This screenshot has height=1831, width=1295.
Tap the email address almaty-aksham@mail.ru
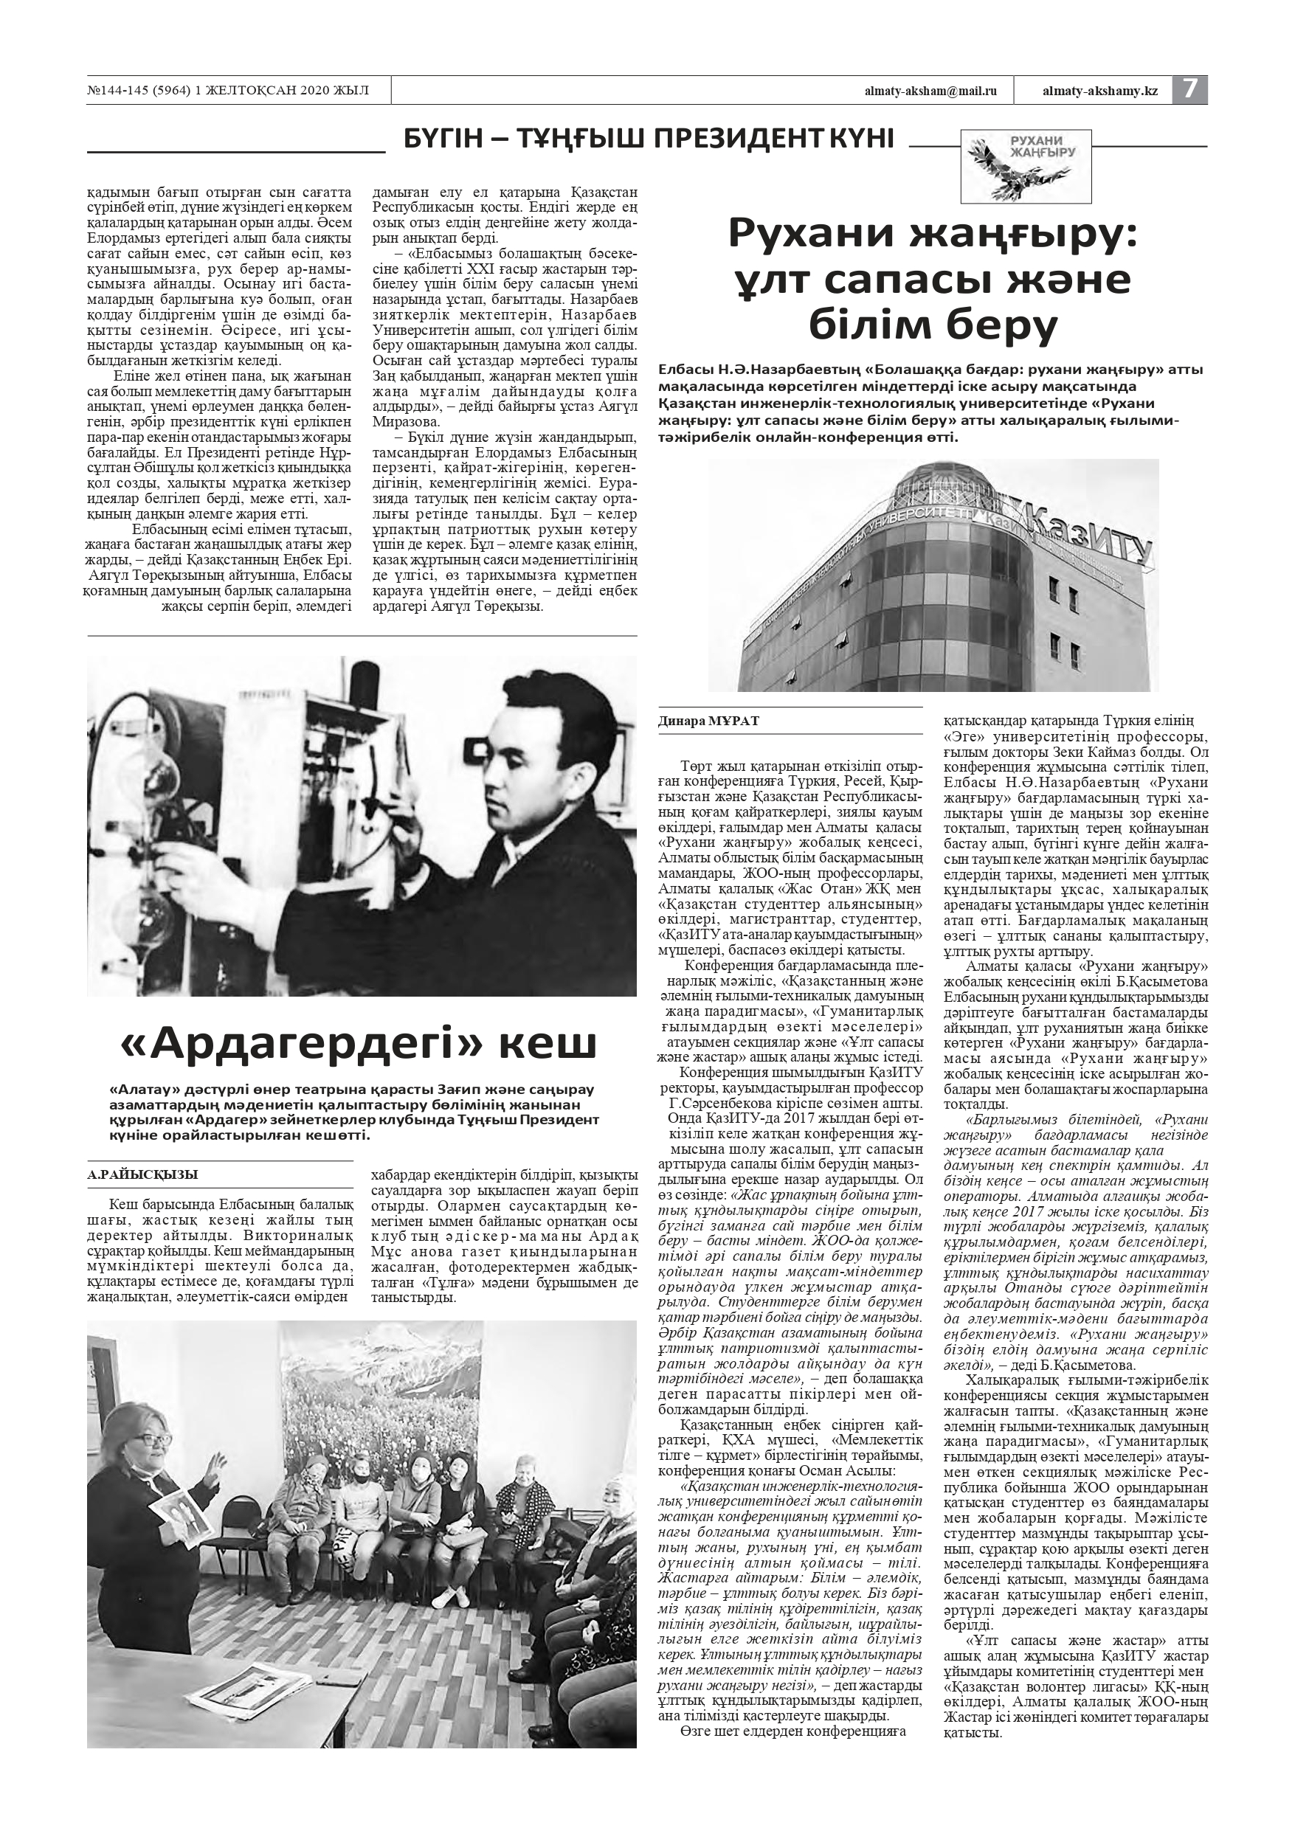pyautogui.click(x=930, y=91)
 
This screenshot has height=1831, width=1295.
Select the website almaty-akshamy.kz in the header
pyautogui.click(x=1099, y=91)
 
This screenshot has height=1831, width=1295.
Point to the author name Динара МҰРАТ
pyautogui.click(x=708, y=721)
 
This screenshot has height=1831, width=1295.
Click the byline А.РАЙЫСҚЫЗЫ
pyautogui.click(x=143, y=1174)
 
